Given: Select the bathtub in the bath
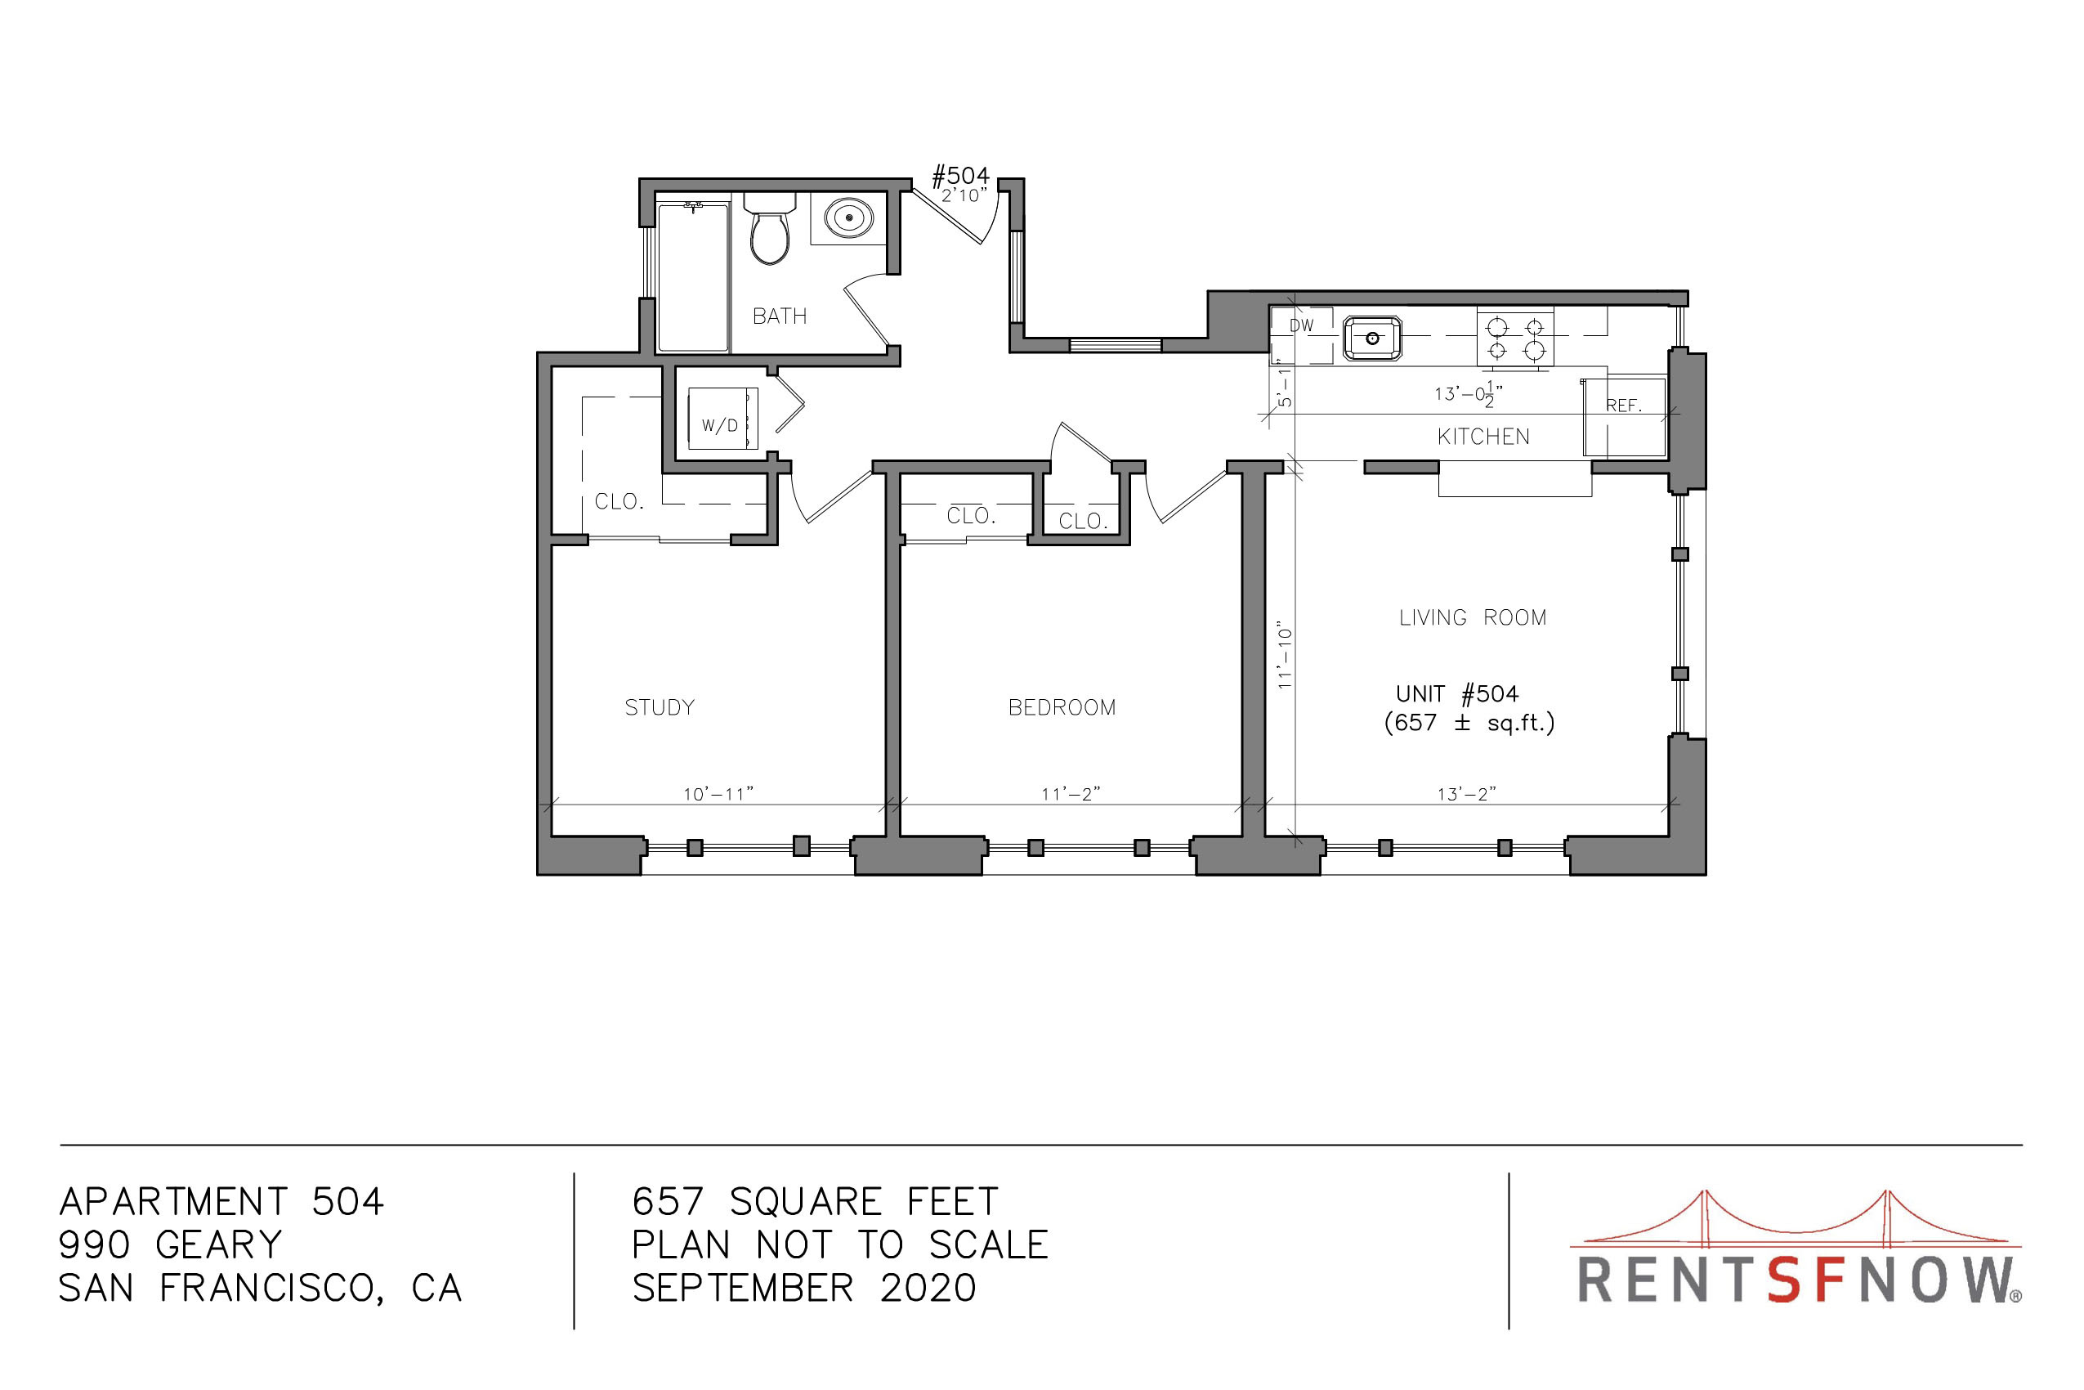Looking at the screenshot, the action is coord(693,277).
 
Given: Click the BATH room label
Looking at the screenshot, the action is coord(780,316).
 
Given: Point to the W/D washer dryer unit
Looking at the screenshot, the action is coord(723,419).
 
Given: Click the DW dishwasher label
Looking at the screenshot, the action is coord(1302,325).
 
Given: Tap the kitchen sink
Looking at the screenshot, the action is coord(1372,339).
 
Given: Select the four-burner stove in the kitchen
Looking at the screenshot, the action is coord(1515,338).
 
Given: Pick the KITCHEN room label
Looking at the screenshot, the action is coord(1483,436).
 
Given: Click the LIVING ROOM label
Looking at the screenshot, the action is coord(1473,618).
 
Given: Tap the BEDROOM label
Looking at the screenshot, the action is coord(1062,707).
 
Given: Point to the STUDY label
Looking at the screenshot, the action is coord(660,707).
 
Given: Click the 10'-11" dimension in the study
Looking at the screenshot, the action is coord(718,793).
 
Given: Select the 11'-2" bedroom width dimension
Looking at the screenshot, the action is coord(1071,793).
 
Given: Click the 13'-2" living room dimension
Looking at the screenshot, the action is coord(1466,793).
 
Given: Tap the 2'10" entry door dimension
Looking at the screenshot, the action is coord(964,195).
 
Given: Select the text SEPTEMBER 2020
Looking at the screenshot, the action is coord(803,1288).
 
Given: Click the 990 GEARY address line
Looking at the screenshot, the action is coord(170,1245).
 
